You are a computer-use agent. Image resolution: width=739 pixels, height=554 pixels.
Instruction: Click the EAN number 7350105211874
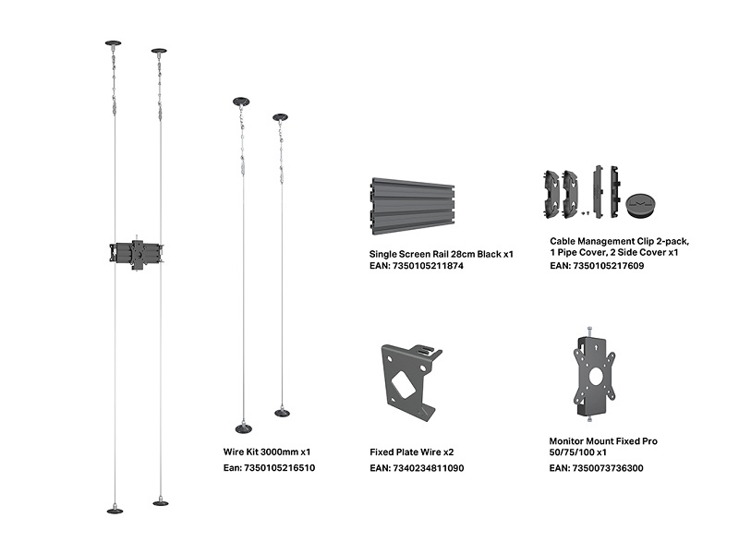(x=428, y=266)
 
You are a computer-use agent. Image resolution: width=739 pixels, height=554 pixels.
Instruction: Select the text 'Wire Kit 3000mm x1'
(x=267, y=452)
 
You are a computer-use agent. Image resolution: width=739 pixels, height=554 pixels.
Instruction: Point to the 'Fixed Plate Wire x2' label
(x=411, y=452)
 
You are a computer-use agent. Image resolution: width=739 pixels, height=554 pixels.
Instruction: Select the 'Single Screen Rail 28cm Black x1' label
(x=442, y=255)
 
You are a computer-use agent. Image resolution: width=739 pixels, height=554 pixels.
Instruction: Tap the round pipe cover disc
(x=641, y=204)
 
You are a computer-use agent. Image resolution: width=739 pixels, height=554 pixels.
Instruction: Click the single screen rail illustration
(x=413, y=206)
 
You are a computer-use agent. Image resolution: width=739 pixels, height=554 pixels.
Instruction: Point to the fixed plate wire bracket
(x=410, y=382)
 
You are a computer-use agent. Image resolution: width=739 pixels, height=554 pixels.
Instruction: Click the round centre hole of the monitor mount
(x=596, y=376)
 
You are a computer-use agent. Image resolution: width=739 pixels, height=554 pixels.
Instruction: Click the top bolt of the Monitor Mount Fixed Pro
(x=589, y=331)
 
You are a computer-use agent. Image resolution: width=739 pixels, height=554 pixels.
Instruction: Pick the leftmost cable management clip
(x=551, y=195)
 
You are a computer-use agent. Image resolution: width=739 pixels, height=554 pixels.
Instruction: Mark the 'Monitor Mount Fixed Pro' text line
(x=603, y=441)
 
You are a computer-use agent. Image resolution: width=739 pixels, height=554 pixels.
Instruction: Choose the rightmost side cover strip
(x=614, y=192)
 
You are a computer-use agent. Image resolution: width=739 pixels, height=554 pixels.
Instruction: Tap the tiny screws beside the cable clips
(x=586, y=213)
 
